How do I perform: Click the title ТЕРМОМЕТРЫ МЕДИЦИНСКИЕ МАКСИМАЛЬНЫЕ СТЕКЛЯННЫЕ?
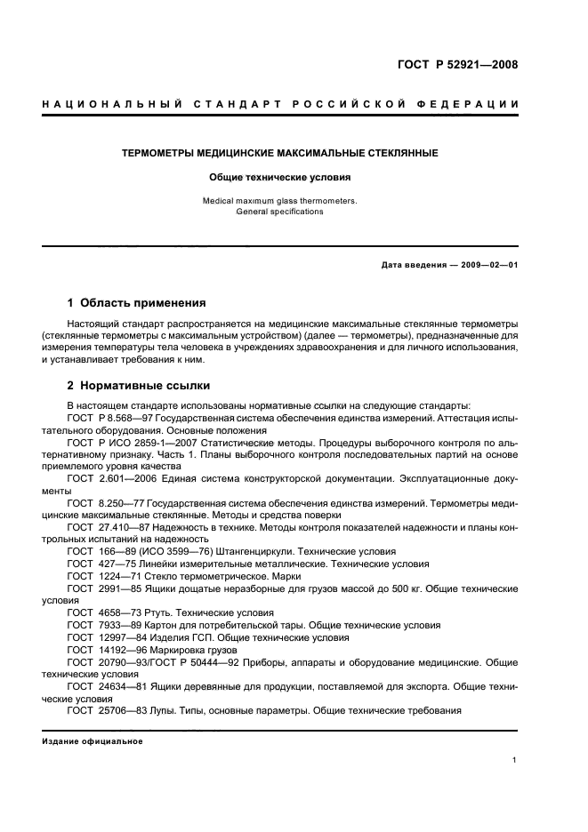[279, 153]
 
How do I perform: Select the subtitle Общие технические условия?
[279, 177]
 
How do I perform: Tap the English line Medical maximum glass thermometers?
[279, 201]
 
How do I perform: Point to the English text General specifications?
[279, 212]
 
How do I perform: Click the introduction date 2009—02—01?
[487, 265]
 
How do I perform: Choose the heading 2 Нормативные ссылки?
[139, 387]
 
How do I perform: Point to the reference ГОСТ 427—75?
[99, 564]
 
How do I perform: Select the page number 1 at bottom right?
[515, 760]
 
